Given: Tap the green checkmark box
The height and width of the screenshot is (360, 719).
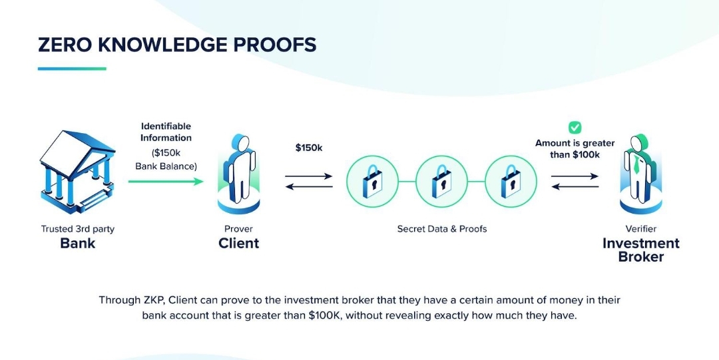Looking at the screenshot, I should point(575,127).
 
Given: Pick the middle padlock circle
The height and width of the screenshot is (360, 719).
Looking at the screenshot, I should point(441,181).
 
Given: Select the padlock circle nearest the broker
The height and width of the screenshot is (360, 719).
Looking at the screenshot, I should point(511,181).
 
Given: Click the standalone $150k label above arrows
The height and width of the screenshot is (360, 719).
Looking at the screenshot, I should point(309,148).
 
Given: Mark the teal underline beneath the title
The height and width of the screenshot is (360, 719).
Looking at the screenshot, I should point(72,68).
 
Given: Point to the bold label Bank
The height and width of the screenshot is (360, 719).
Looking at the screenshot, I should point(77,243).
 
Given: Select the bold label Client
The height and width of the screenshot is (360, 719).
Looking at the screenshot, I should point(238,243).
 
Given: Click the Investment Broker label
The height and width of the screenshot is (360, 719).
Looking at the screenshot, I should point(640,250).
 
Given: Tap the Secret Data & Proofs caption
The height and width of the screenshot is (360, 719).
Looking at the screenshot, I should point(442,229).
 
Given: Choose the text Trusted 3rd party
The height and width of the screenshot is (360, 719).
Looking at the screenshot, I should point(77,229).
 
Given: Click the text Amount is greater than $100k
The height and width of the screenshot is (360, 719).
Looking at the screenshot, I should point(575,148).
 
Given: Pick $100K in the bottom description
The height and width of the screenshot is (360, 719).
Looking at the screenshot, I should point(326,315).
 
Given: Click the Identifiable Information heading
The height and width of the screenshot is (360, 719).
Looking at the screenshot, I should point(166,132).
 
